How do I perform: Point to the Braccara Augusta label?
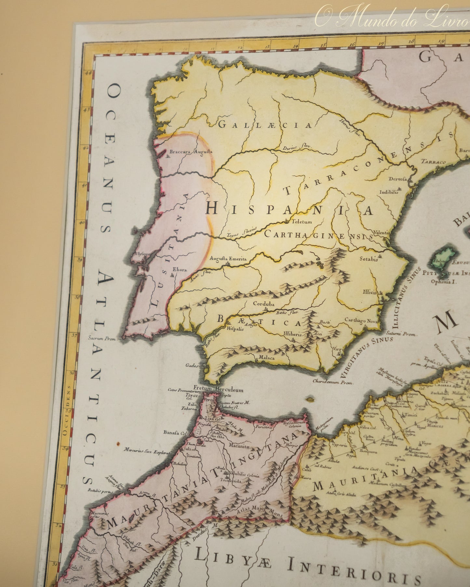click(191, 151)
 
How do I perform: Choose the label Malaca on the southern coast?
click(267, 358)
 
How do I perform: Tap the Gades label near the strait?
click(192, 365)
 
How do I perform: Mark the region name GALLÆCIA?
click(265, 125)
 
